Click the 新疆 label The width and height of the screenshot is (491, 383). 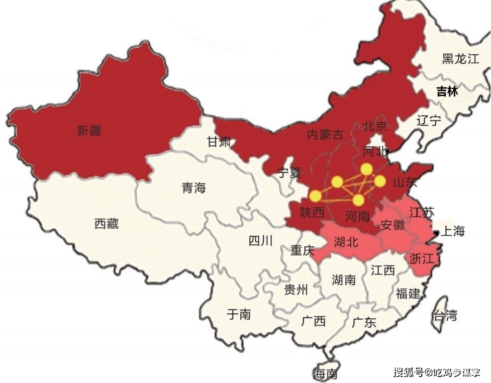pyautogui.click(x=89, y=131)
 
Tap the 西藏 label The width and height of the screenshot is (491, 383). pyautogui.click(x=106, y=224)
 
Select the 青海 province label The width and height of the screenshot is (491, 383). pyautogui.click(x=194, y=188)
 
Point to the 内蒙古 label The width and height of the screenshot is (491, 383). pyautogui.click(x=325, y=134)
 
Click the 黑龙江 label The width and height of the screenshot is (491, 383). pyautogui.click(x=461, y=59)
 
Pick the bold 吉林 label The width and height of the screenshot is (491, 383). pyautogui.click(x=447, y=92)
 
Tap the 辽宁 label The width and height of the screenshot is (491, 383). pyautogui.click(x=429, y=120)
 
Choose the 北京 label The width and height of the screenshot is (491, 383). pyautogui.click(x=375, y=126)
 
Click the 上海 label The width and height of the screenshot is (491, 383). pyautogui.click(x=453, y=231)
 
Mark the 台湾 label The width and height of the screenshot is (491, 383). pyautogui.click(x=445, y=315)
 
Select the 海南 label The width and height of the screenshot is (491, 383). pyautogui.click(x=325, y=373)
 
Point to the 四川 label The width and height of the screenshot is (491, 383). pyautogui.click(x=260, y=241)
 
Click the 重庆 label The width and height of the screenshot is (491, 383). pyautogui.click(x=302, y=250)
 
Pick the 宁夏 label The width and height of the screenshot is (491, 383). pyautogui.click(x=289, y=173)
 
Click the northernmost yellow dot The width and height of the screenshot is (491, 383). pyautogui.click(x=367, y=170)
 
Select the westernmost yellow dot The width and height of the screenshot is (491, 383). pyautogui.click(x=315, y=196)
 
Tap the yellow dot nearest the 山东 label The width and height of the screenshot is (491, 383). pyautogui.click(x=380, y=181)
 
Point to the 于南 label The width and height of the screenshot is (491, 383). pyautogui.click(x=239, y=314)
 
